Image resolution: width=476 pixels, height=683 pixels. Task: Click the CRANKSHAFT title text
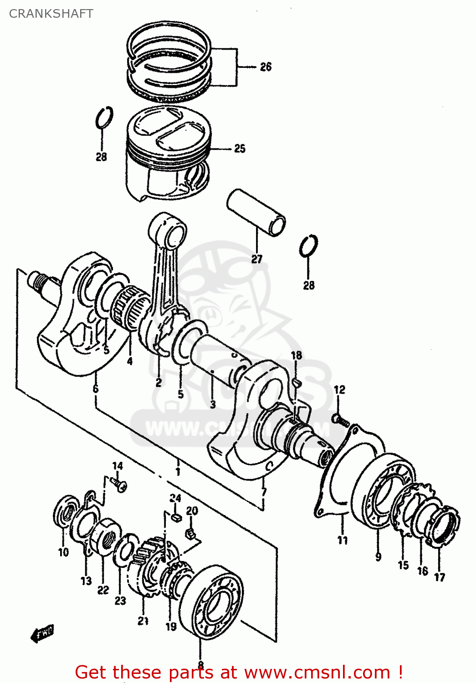51,14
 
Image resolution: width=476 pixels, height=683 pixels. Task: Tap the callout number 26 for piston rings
266,67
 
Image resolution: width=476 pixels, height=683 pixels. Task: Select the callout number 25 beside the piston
240,148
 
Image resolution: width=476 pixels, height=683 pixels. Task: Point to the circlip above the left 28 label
104,117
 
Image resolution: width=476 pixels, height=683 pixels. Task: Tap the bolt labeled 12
341,419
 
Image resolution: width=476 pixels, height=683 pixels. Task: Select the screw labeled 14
120,484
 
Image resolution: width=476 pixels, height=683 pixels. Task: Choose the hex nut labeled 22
105,537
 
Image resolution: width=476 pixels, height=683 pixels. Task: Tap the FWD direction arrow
42,633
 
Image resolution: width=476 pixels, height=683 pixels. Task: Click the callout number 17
439,577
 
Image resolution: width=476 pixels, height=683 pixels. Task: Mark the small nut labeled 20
191,533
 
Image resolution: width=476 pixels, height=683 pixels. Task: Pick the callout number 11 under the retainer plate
343,540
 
